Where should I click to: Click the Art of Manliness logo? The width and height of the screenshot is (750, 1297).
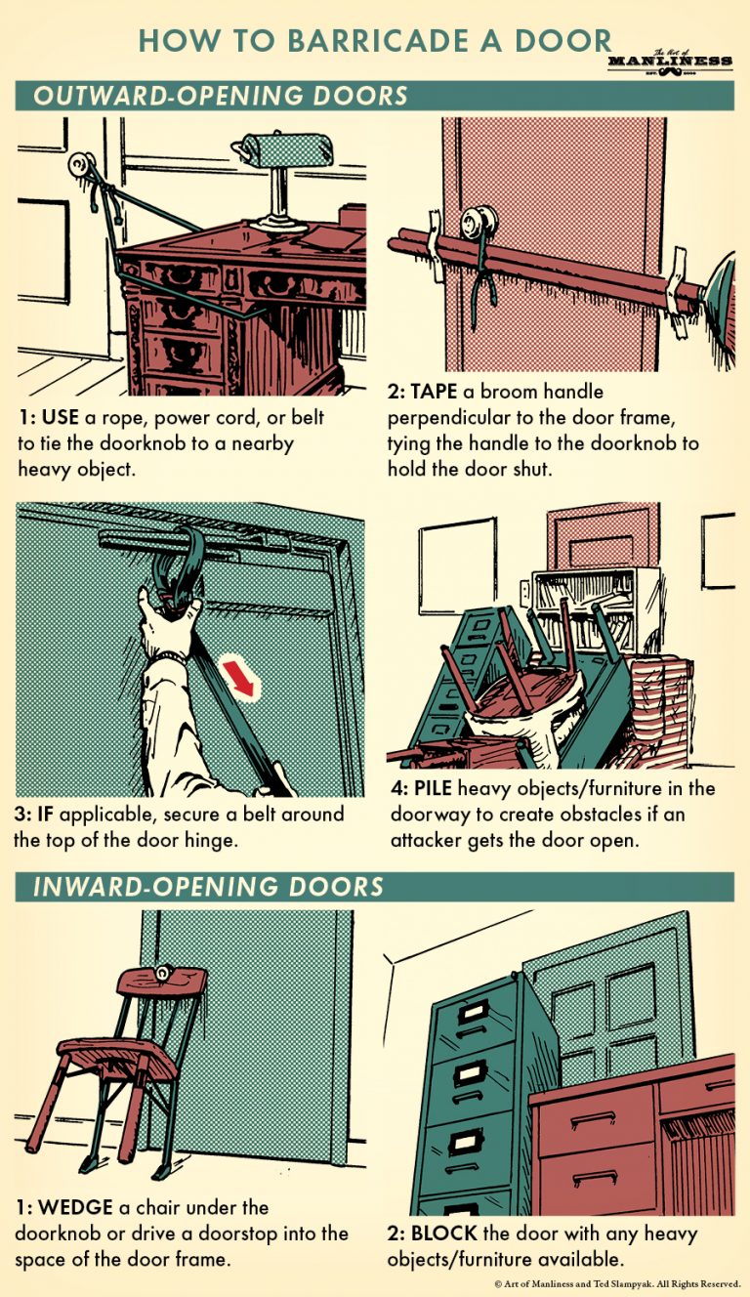[x=669, y=62]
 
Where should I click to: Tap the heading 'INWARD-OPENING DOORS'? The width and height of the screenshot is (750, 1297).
[x=209, y=888]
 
